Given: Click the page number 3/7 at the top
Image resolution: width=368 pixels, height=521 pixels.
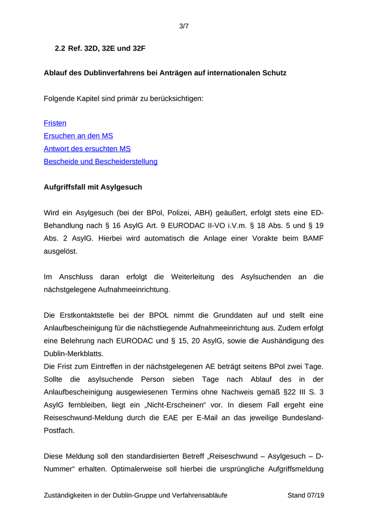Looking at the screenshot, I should coord(183,26).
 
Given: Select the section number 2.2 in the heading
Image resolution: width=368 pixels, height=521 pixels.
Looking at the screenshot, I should coord(60,48).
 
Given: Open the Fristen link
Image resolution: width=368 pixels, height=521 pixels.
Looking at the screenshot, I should coord(55,123).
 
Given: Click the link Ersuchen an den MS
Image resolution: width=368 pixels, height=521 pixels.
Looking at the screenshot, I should coord(78,136).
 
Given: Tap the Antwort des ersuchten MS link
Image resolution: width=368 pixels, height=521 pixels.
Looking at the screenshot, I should coord(87,149).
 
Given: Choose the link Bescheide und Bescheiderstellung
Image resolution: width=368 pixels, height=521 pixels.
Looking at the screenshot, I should coord(100,162).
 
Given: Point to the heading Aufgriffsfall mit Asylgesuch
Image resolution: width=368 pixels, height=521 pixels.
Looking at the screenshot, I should coord(93,187).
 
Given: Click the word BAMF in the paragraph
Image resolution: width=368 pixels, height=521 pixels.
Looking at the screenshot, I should coord(313,238).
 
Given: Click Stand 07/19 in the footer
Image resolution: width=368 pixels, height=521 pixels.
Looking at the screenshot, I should coord(305,495).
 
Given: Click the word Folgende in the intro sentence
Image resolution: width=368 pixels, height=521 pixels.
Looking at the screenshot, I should coord(59,98).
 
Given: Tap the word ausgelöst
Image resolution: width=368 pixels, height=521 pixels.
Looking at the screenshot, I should coord(60,251).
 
